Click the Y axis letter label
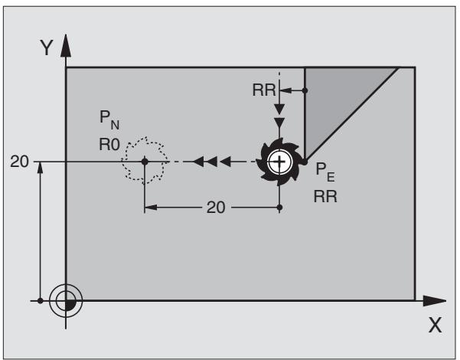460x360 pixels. tap(47, 47)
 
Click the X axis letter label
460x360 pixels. tap(435, 325)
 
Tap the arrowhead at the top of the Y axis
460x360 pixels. tap(66, 45)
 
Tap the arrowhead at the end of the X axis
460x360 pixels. tap(435, 301)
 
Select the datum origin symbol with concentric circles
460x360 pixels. tap(66, 301)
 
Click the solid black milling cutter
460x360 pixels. tap(279, 162)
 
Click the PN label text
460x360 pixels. tap(109, 119)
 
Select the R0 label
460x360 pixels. tap(109, 145)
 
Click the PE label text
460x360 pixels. tap(325, 172)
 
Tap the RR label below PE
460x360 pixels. tap(325, 196)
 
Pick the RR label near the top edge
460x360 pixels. tap(264, 90)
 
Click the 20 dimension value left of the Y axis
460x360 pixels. tap(19, 162)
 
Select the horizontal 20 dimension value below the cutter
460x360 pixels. tap(216, 208)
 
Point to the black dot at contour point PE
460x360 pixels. tap(305, 162)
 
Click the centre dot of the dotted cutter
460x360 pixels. tap(145, 162)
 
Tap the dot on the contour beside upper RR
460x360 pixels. tap(305, 90)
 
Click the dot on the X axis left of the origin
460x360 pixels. tap(41, 301)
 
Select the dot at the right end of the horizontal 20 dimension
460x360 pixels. tap(279, 208)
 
